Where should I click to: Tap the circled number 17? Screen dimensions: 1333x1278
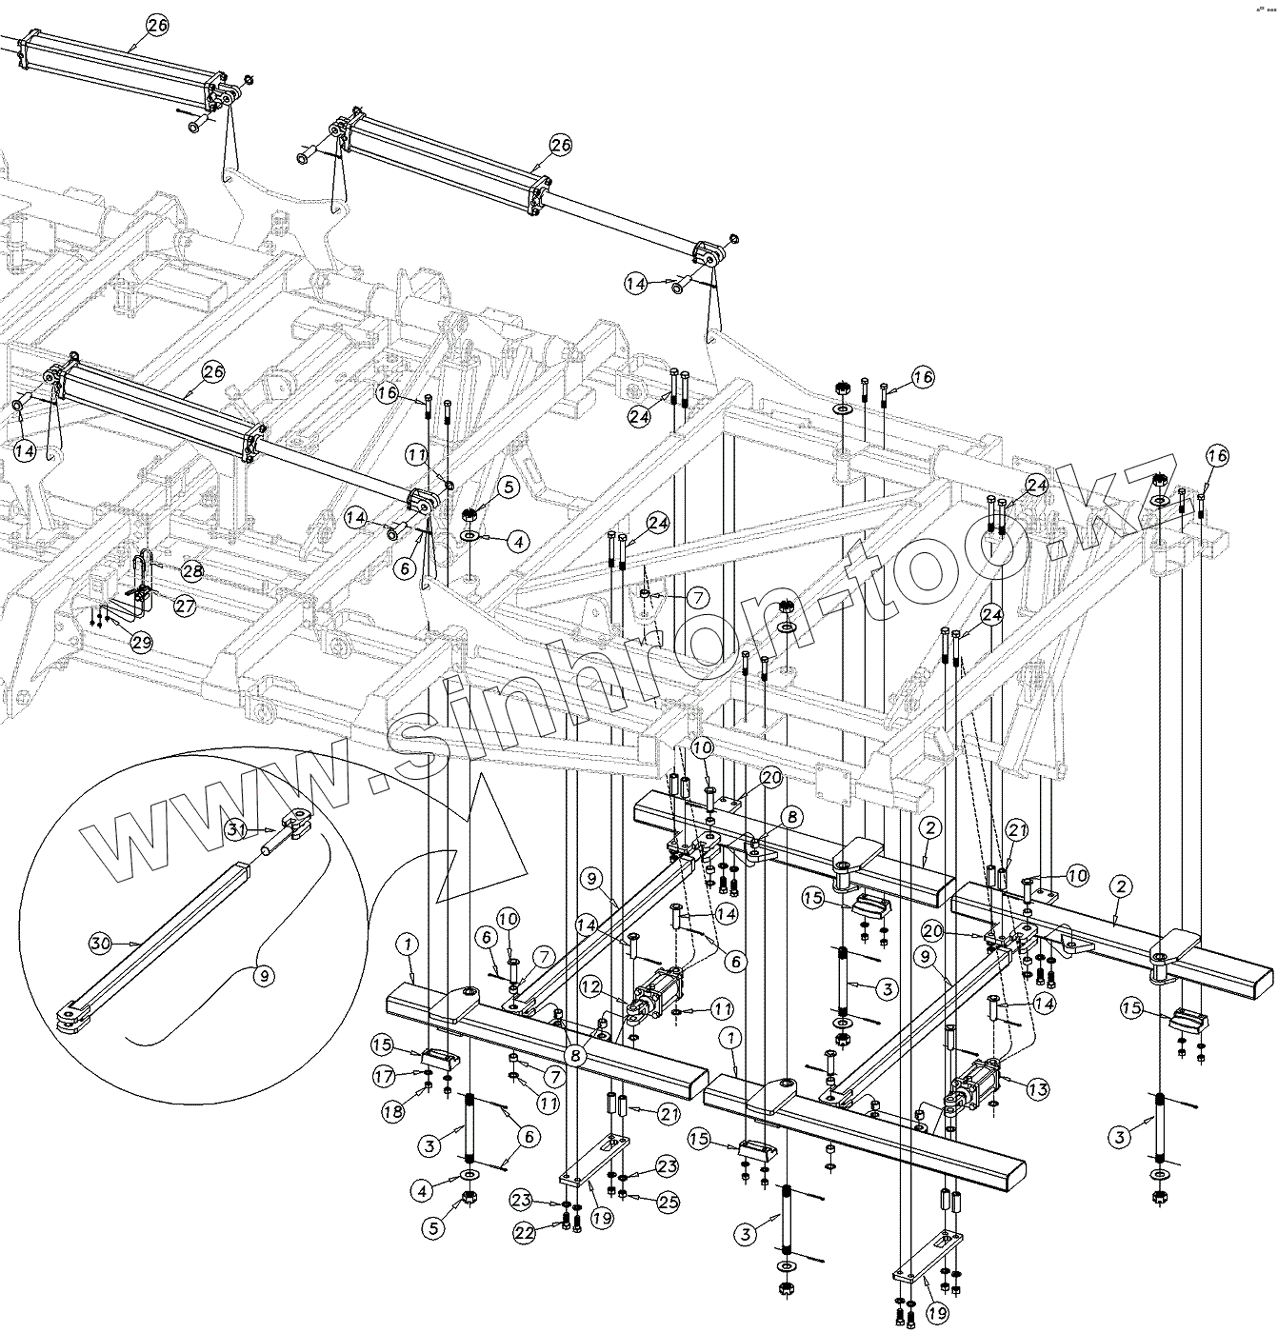384,1076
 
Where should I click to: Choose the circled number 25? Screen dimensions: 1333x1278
669,1203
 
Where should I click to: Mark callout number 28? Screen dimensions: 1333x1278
192,571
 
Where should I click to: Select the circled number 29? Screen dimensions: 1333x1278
141,643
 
